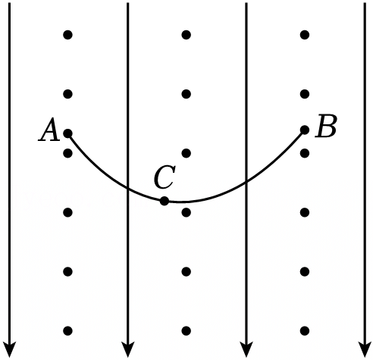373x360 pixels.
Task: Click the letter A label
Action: point(49,129)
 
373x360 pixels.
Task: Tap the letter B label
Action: point(326,126)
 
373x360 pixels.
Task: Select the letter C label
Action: point(165,177)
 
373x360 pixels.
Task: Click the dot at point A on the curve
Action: point(67,133)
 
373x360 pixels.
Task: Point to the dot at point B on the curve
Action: point(305,130)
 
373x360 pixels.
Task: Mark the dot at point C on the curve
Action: point(165,201)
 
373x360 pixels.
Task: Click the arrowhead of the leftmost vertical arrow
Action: point(10,349)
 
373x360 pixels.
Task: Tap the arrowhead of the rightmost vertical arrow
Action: point(365,349)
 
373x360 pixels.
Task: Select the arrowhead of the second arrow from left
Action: point(128,349)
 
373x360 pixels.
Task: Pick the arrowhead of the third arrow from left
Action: point(246,349)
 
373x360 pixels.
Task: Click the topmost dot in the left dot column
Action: point(67,35)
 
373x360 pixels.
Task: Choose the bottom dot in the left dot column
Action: point(67,330)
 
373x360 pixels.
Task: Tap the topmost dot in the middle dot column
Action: point(186,35)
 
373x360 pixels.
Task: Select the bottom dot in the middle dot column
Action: point(186,330)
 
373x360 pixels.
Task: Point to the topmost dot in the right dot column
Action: point(305,35)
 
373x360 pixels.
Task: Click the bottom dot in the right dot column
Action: point(305,330)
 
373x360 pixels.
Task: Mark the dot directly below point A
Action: point(67,153)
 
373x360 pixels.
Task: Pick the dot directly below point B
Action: point(305,153)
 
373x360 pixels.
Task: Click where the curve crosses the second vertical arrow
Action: point(128,188)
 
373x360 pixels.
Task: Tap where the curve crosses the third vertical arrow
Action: point(246,182)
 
